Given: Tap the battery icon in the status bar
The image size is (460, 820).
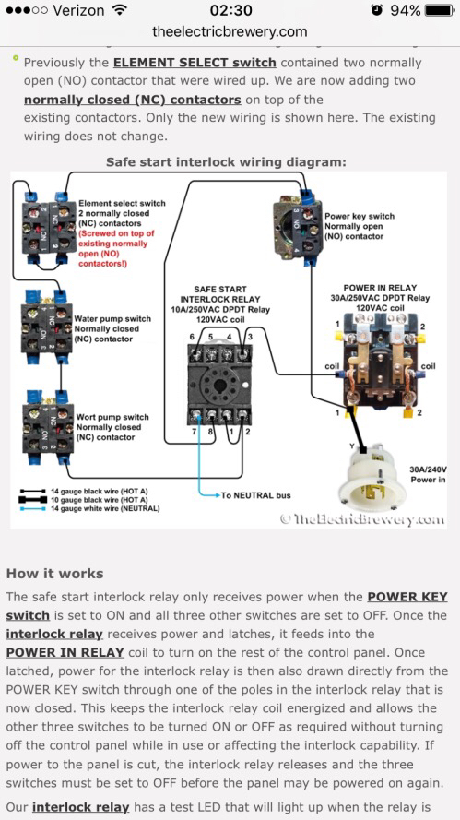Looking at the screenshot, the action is coord(440,10).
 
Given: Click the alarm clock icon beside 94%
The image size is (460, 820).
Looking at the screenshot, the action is coord(376,10).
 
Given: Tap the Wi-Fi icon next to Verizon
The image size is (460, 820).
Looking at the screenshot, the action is coord(120,10).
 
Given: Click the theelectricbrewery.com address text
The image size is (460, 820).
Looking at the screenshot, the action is coord(230,31).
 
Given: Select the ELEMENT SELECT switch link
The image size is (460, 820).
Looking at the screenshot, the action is coord(195,63).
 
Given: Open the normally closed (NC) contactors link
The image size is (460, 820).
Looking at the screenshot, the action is coord(132,100).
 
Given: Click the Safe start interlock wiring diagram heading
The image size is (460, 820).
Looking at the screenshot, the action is coord(226,162).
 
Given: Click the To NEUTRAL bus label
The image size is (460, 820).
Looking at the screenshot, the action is coord(255,495).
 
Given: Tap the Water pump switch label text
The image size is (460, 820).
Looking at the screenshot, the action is coord(112,328).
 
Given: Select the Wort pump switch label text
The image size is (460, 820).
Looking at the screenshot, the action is coord(112,427).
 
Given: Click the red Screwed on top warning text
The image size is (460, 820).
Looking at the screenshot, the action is coord(116,248).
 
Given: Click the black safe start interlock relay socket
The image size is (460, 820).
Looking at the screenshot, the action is coord(219,384).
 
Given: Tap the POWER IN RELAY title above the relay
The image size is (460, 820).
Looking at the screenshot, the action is coord(380,288).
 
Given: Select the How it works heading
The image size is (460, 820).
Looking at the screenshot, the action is coord(55,574).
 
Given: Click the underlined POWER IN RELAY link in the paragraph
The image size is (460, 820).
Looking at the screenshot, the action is coord(65,653).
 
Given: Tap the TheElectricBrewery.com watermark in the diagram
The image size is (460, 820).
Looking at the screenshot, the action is coord(362,518).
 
